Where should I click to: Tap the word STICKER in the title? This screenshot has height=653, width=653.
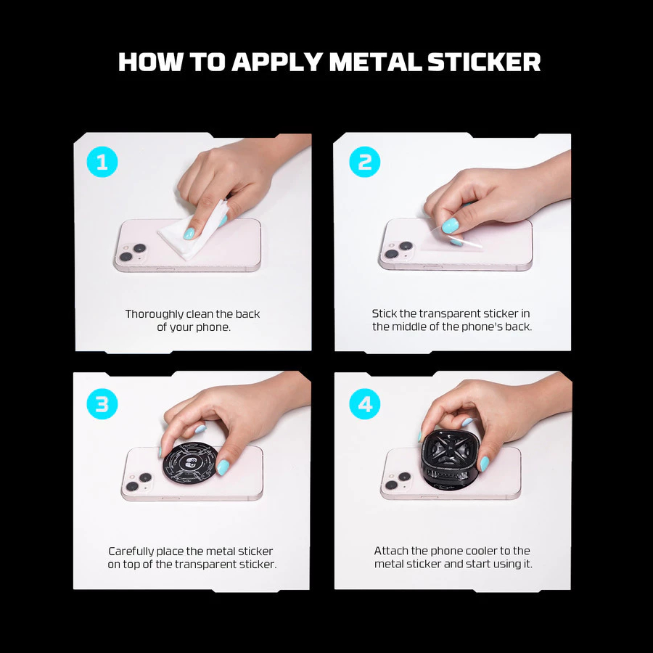click(x=484, y=62)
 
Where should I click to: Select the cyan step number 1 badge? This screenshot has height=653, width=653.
click(x=102, y=162)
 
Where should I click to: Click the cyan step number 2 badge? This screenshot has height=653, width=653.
click(x=365, y=162)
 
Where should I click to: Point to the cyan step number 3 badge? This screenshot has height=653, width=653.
click(x=102, y=403)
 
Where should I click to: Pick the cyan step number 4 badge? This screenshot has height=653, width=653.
click(x=365, y=403)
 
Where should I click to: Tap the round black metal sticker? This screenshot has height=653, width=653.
click(x=189, y=464)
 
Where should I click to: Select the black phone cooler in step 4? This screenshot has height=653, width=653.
click(x=452, y=459)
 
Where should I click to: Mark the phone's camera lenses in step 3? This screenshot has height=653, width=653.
click(x=139, y=482)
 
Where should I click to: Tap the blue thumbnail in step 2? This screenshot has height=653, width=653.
click(x=450, y=226)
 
